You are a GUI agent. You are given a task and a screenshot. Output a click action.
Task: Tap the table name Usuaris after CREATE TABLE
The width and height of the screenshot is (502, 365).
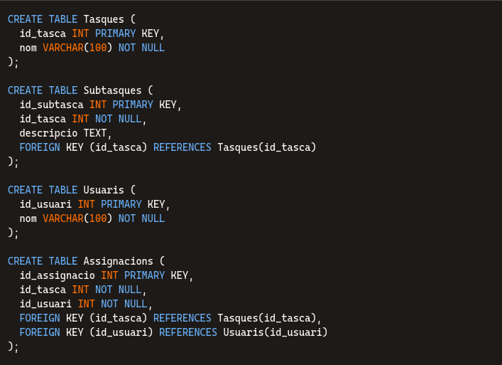tap(104, 190)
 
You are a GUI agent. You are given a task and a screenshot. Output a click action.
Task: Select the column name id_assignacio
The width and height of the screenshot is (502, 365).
tap(57, 275)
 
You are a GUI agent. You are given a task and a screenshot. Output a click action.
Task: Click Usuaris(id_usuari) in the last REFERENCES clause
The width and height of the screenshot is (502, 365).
tap(275, 332)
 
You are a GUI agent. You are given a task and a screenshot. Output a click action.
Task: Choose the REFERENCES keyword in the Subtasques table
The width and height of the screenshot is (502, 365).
tap(182, 147)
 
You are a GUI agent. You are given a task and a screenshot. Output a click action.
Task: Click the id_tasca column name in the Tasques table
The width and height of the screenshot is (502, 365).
tap(43, 33)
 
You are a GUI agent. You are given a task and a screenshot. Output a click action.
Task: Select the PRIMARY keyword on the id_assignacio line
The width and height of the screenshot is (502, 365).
tap(145, 275)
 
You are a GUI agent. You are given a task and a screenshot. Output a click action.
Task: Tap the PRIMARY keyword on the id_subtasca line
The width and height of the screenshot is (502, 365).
tap(133, 105)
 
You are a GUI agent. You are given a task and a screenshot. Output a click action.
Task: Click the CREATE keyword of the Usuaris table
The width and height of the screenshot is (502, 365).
tap(25, 190)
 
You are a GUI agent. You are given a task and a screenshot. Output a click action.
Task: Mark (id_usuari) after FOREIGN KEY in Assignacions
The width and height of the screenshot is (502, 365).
tap(121, 332)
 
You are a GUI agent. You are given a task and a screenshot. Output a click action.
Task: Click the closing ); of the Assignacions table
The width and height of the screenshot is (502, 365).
tap(13, 347)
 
